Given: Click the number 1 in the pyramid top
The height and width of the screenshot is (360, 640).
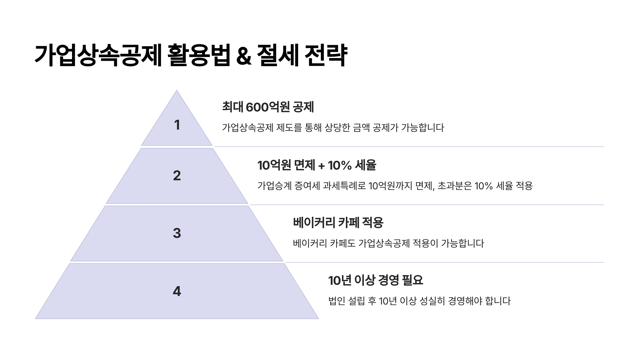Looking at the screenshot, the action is click(177, 125).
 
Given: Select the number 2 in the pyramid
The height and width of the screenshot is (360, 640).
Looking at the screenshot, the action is click(177, 175).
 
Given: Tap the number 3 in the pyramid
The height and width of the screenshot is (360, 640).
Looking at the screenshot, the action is click(177, 233).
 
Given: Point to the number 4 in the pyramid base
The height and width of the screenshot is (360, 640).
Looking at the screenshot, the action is click(177, 291).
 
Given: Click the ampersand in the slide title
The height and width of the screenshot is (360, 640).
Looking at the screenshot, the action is click(244, 56).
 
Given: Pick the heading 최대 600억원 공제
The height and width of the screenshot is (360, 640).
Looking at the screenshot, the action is click(268, 107).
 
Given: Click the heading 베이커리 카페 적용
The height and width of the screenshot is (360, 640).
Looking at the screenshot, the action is click(338, 222).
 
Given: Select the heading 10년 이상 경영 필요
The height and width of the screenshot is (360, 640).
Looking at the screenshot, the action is click(375, 280).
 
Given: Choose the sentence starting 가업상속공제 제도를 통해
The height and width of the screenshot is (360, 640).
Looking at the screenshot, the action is click(333, 128).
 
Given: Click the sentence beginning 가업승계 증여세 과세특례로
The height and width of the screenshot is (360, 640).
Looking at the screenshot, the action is click(395, 186).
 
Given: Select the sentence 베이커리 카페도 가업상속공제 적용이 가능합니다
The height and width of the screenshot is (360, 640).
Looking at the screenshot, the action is click(388, 243).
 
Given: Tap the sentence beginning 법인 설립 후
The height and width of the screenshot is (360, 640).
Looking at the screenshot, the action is click(419, 301).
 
